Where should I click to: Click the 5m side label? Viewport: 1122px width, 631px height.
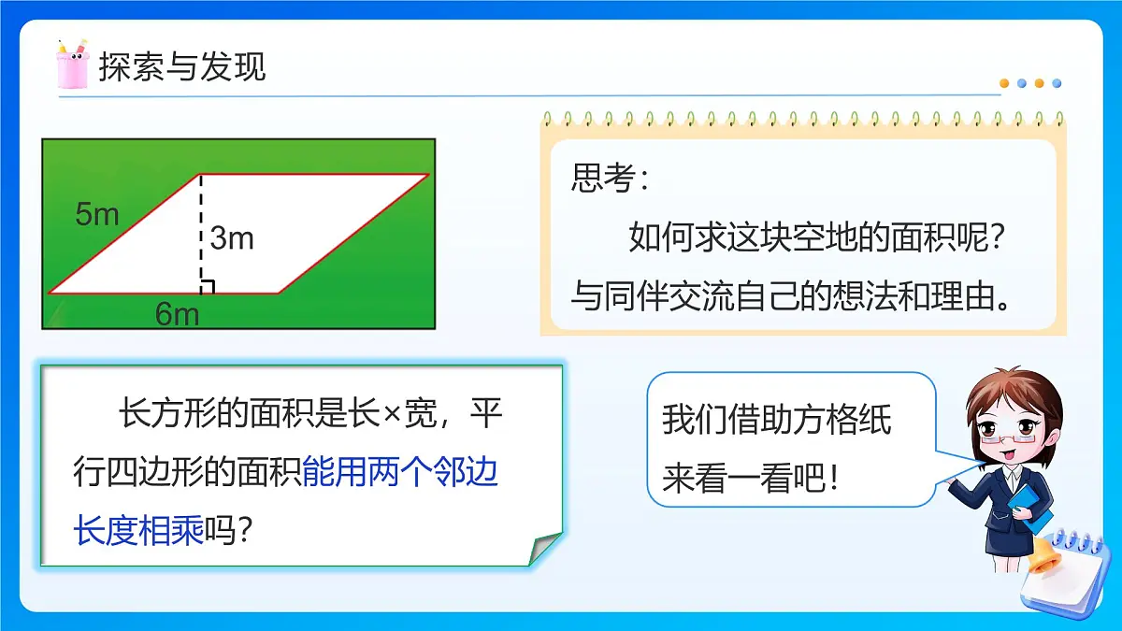click(97, 214)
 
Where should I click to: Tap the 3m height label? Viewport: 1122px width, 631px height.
click(232, 238)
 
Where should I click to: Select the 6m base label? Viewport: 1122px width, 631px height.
click(177, 314)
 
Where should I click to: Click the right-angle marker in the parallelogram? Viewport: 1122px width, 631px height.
click(208, 287)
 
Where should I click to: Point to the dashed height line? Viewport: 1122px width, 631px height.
click(201, 234)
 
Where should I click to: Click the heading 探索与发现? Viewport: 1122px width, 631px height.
click(182, 67)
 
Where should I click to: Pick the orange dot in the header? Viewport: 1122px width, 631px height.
click(1005, 83)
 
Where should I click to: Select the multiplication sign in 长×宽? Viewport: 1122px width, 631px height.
click(392, 414)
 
